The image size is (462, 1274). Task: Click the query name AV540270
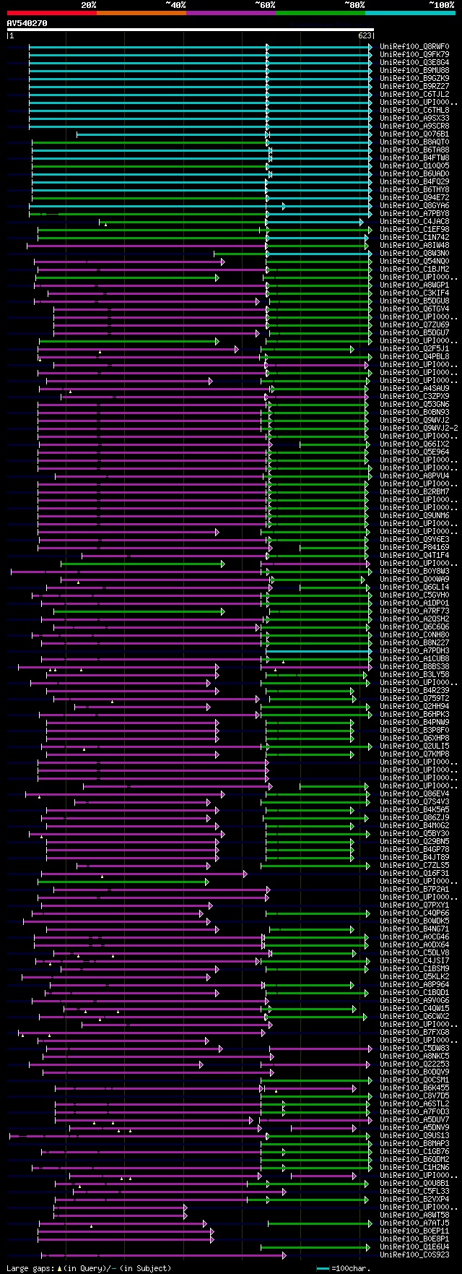[x=27, y=23]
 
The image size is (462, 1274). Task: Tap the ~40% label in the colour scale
[x=175, y=5]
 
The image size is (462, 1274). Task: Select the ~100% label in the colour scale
[x=441, y=5]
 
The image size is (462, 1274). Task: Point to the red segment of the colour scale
[x=51, y=13]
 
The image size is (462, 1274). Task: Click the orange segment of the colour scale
[x=141, y=13]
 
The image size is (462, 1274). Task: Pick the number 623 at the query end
[x=365, y=35]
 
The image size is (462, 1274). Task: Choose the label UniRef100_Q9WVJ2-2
[x=419, y=429]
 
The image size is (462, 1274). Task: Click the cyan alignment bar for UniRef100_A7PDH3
[x=318, y=651]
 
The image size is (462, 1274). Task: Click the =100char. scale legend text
[x=351, y=1269]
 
